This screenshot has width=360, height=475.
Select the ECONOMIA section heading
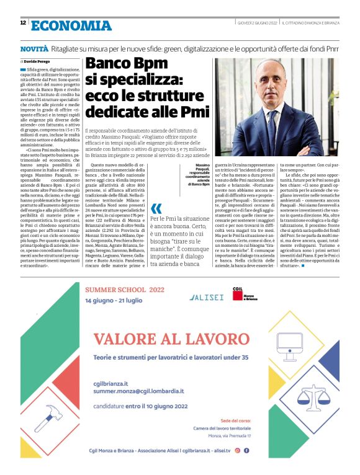pos(71,25)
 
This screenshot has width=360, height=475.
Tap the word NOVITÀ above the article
pos(34,48)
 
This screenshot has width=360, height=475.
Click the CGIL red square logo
pos(236,296)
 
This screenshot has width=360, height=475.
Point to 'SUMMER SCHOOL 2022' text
pos(125,289)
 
